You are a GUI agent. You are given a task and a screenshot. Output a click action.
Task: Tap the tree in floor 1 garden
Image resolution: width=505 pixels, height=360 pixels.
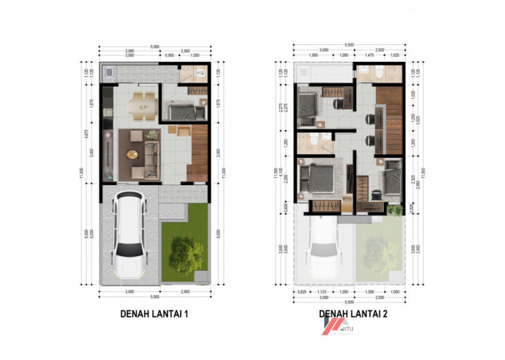click(x=185, y=255)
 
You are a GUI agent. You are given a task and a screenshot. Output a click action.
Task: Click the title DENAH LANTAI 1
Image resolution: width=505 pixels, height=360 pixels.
click(x=154, y=314)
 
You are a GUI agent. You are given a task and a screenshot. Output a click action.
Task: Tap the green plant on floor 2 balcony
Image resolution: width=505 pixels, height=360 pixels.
click(x=395, y=210)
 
